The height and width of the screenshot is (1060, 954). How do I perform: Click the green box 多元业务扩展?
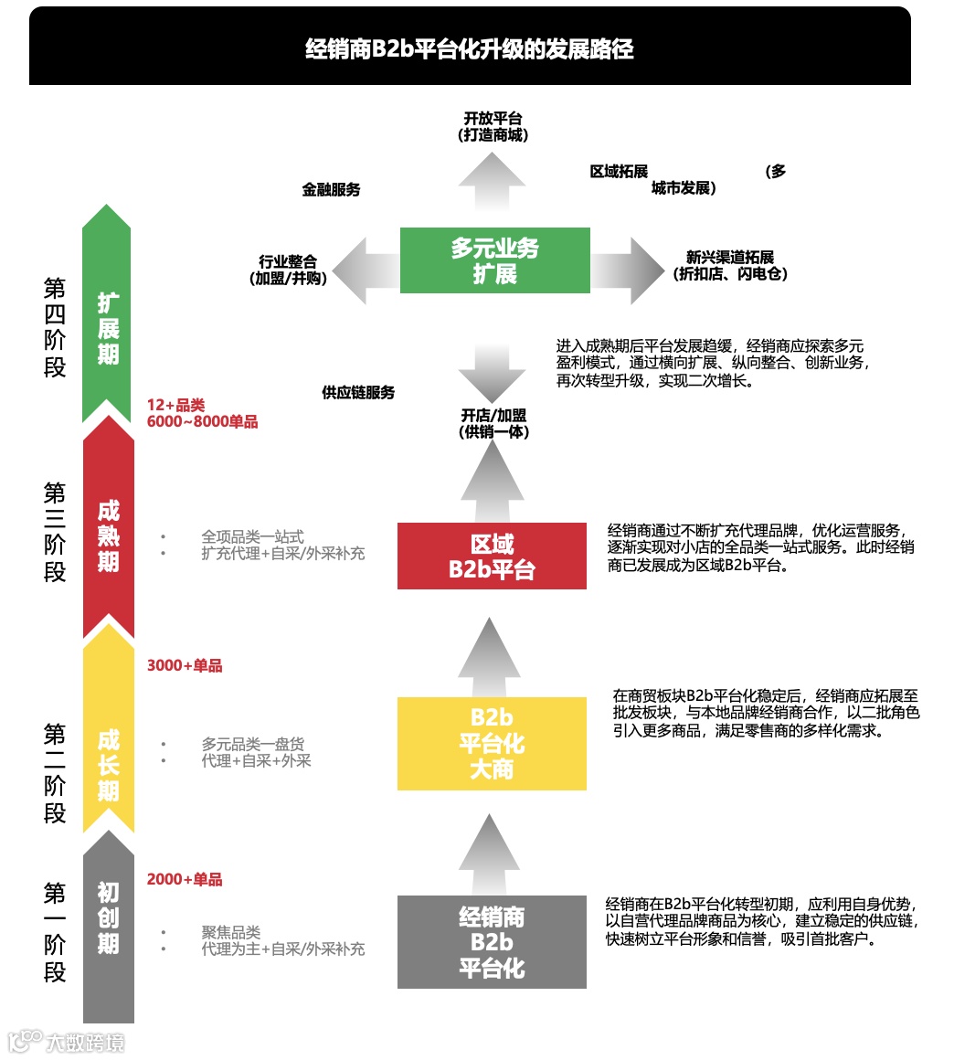click(494, 260)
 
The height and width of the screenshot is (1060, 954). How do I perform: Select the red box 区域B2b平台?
click(492, 556)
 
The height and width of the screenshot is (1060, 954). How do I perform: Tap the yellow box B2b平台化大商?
click(492, 744)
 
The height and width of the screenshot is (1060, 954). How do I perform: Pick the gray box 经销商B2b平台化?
click(492, 942)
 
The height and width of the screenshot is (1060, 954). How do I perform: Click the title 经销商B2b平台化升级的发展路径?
click(470, 48)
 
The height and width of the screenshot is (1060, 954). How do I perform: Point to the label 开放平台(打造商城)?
click(493, 127)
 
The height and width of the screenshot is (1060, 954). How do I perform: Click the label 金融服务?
click(332, 190)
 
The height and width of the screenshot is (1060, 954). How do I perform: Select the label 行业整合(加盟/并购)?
click(288, 270)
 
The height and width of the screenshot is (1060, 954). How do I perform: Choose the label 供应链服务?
click(358, 393)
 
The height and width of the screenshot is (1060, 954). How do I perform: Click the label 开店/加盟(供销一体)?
click(493, 424)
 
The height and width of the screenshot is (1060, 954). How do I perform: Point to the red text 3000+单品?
click(185, 666)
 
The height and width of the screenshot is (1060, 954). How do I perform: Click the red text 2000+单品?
click(185, 880)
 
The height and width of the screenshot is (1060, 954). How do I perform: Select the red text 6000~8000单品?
click(202, 422)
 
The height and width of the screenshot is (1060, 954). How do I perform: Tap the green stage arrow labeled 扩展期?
click(108, 320)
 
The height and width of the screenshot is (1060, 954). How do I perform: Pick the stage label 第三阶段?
click(55, 533)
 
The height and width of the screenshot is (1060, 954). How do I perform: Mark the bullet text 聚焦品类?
click(231, 933)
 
